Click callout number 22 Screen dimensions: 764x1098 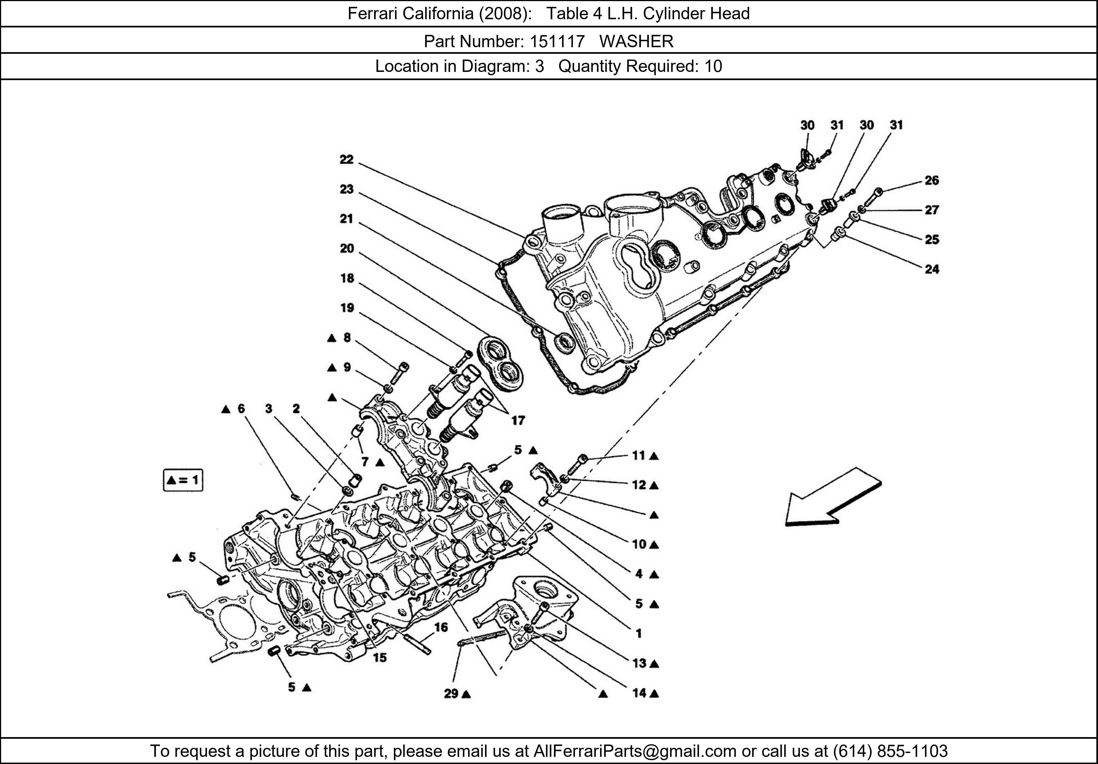tap(346, 160)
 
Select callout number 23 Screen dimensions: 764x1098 tap(346, 189)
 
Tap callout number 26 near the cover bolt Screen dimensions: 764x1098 tap(931, 180)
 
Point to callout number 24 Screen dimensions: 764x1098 tap(931, 269)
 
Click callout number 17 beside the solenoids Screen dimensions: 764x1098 tap(518, 420)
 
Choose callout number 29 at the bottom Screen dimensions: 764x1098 tap(451, 693)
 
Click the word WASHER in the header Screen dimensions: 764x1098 tap(636, 42)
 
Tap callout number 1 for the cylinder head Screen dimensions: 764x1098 tap(638, 633)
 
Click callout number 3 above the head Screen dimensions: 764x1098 tap(269, 409)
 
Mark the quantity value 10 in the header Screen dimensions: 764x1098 tap(713, 66)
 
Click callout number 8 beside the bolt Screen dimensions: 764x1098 tap(347, 338)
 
